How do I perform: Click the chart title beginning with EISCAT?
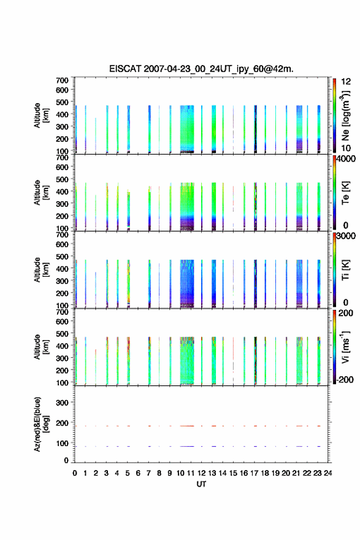pos(201,69)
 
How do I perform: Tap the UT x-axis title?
pos(201,484)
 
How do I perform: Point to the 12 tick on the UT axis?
pos(202,473)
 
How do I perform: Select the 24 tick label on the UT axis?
pos(328,473)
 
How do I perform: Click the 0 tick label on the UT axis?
pos(75,473)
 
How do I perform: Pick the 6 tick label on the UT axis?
pos(138,473)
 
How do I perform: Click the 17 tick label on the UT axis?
pos(255,473)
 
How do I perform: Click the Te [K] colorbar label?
pos(345,193)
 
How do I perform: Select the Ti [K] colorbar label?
pos(345,269)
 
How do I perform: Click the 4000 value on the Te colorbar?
pos(346,159)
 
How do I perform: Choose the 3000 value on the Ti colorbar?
pos(346,236)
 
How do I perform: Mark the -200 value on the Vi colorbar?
pos(345,379)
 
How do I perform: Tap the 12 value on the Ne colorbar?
pos(346,82)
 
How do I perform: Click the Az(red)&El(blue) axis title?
pos(42,424)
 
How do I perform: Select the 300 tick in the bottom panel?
pos(62,403)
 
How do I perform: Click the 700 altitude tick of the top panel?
pos(62,80)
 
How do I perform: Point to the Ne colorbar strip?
pos(334,115)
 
